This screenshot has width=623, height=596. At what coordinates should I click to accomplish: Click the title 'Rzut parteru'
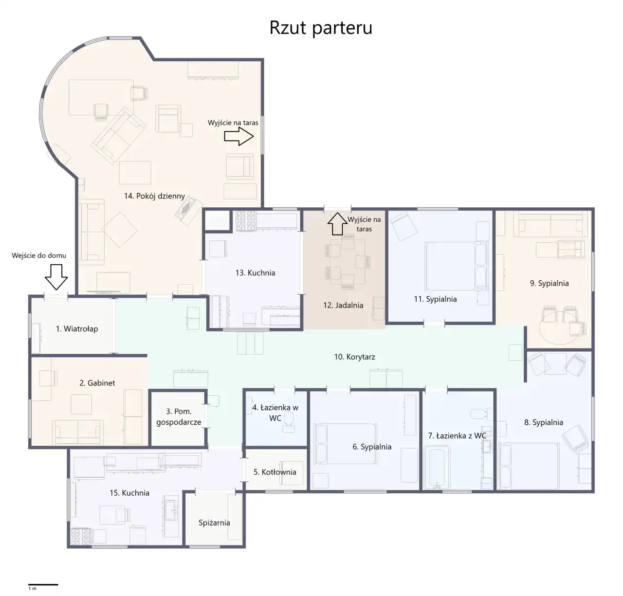(x=320, y=28)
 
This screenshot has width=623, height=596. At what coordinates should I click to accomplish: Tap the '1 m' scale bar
(x=43, y=584)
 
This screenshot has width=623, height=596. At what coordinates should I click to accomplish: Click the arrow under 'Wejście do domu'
(x=56, y=277)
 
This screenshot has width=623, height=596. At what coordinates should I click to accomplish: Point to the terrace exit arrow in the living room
(x=239, y=136)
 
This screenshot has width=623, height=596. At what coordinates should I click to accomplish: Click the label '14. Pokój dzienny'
(x=154, y=196)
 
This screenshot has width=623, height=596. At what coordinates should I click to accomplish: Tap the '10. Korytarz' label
(x=354, y=357)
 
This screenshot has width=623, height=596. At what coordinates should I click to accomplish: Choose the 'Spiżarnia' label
(x=214, y=523)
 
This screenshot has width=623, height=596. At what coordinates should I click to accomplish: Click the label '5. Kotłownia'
(x=275, y=472)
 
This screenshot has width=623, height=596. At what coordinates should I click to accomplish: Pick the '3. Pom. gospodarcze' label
(x=179, y=416)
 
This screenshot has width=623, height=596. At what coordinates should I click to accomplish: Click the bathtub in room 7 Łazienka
(x=437, y=467)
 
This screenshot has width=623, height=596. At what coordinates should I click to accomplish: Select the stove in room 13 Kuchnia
(x=246, y=220)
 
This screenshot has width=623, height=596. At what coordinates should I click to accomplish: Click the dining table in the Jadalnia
(x=348, y=262)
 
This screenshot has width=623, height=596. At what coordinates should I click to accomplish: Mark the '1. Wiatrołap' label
(x=77, y=329)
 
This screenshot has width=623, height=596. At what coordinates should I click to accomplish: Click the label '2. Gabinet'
(x=97, y=383)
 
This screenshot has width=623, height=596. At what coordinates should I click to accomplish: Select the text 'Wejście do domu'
(x=39, y=255)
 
